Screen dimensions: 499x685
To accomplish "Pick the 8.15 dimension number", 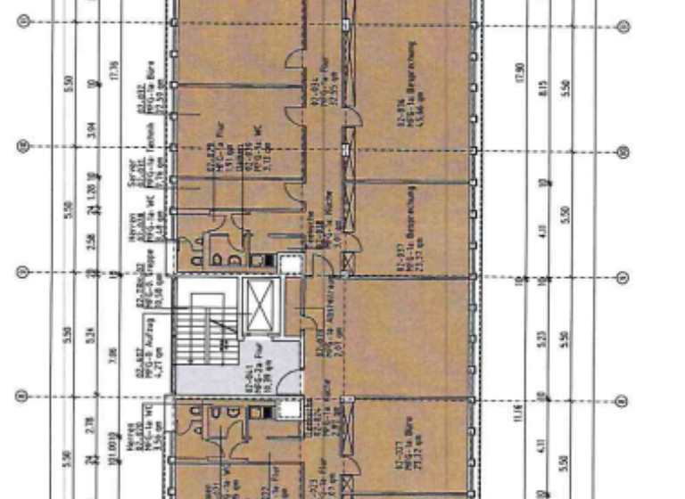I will pos(542,88).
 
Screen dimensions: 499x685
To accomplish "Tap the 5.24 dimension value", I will pos(91,335).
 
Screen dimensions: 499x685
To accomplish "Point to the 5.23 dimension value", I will pos(543,341).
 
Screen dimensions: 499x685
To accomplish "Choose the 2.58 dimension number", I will pos(91,241).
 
